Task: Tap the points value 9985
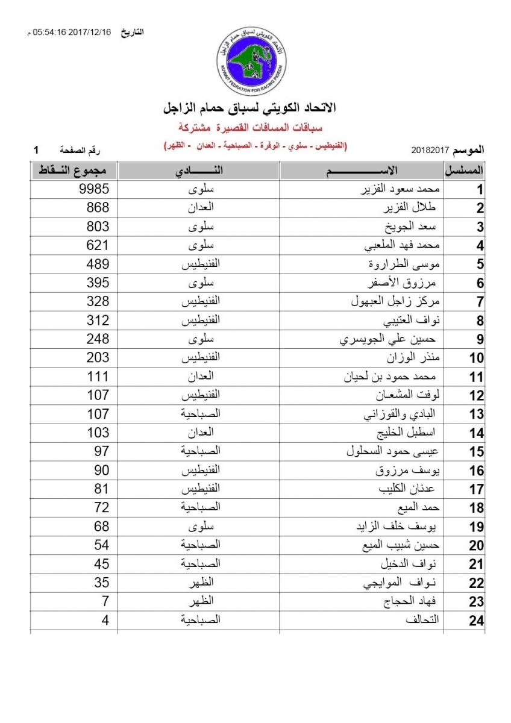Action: click(x=94, y=190)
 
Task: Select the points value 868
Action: click(x=98, y=208)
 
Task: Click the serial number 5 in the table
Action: click(x=480, y=264)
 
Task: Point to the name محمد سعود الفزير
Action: click(x=401, y=190)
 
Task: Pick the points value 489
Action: click(x=98, y=264)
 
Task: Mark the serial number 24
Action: click(x=477, y=620)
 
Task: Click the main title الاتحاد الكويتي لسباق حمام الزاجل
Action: click(x=252, y=110)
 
